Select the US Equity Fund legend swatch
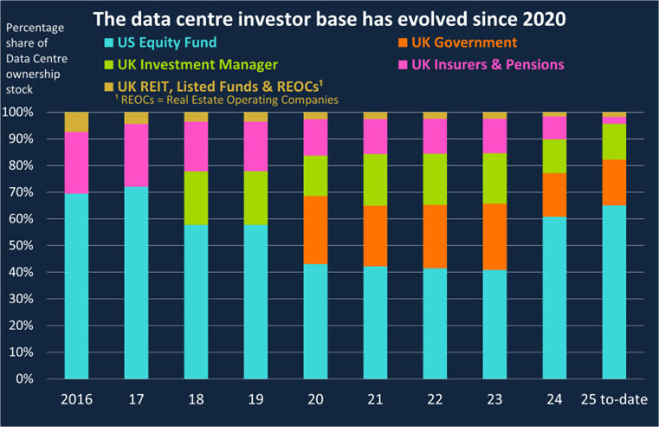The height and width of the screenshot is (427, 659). tap(108, 42)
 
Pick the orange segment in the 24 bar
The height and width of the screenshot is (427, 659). tap(554, 195)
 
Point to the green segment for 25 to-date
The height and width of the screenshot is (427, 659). tap(614, 141)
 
